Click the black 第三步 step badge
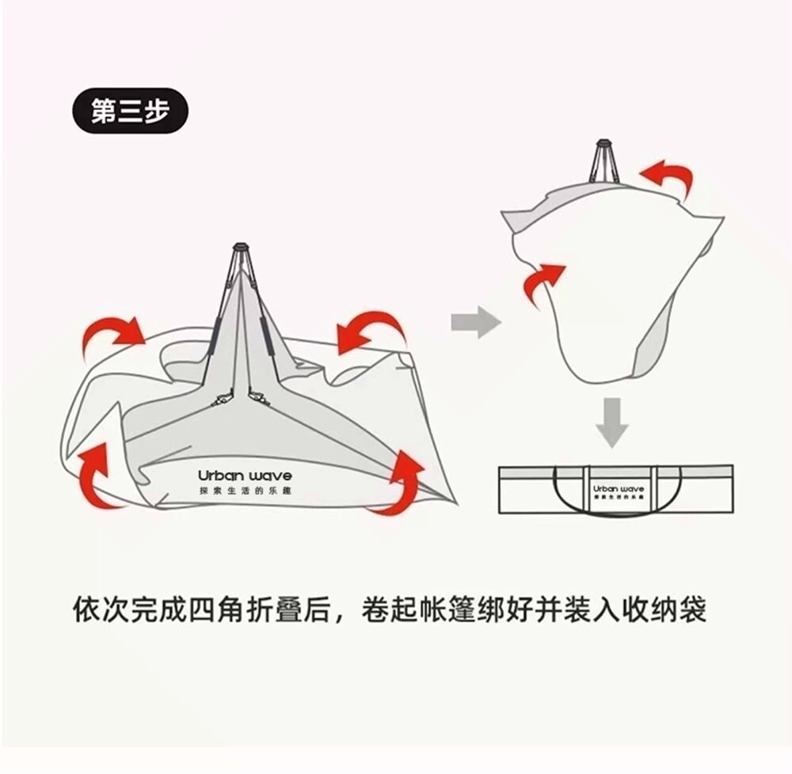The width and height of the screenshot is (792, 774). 130,111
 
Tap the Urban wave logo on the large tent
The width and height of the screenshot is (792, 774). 245,476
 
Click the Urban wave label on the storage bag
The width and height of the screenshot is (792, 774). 619,488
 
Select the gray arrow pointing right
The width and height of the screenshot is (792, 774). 475,322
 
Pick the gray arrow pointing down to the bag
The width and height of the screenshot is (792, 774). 611,422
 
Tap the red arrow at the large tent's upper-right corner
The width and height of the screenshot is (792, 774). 371,330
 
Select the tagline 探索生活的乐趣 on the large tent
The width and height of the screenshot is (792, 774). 245,491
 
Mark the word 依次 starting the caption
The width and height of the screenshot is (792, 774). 101,610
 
